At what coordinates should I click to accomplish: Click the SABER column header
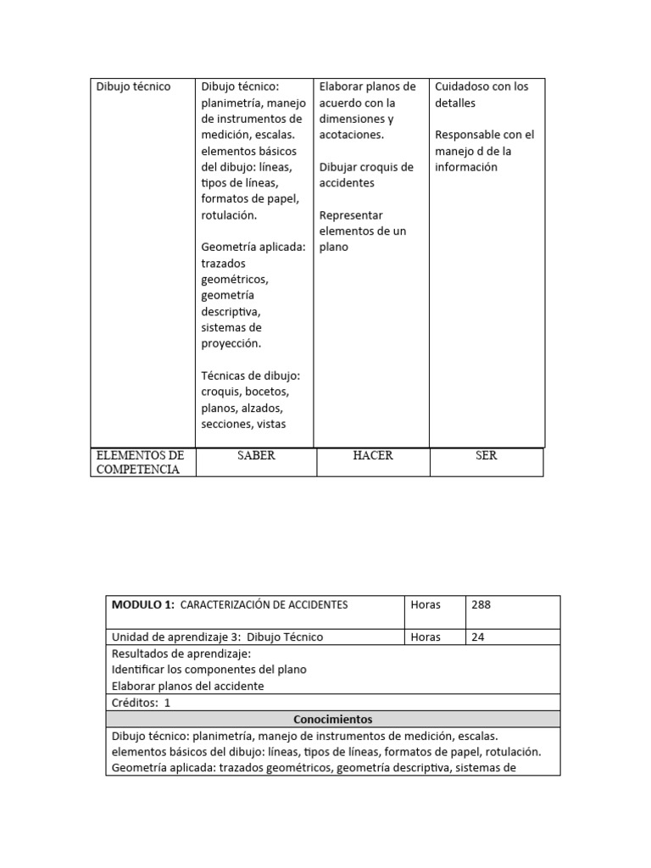(x=256, y=456)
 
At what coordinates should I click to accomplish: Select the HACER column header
(x=373, y=456)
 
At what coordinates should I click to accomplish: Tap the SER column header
(x=487, y=456)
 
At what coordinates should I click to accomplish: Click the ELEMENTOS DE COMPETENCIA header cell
(x=140, y=463)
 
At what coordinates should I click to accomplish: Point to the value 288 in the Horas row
(x=481, y=605)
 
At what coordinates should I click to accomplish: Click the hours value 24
(x=478, y=637)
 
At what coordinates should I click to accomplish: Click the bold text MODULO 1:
(x=143, y=605)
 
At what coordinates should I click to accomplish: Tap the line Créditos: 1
(x=141, y=703)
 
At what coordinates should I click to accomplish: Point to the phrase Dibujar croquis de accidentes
(x=366, y=175)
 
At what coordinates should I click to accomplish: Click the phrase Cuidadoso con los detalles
(x=481, y=94)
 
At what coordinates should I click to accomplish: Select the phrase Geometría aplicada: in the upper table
(x=253, y=248)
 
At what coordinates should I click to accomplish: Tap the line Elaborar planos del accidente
(x=187, y=687)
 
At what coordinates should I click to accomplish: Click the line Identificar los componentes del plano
(x=209, y=670)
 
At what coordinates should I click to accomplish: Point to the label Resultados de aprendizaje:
(x=181, y=654)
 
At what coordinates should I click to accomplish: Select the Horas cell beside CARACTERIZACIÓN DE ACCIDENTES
(x=426, y=605)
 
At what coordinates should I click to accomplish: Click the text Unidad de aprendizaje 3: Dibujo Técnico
(x=217, y=637)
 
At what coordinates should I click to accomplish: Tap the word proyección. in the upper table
(x=231, y=344)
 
